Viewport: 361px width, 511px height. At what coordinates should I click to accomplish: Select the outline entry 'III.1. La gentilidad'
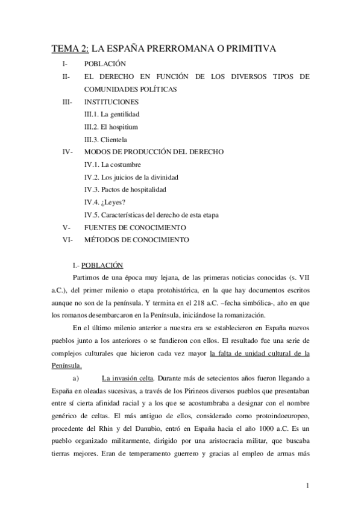112,114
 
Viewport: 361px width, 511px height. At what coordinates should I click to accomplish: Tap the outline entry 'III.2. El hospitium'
111,127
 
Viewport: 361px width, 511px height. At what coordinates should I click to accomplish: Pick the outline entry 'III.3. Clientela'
105,140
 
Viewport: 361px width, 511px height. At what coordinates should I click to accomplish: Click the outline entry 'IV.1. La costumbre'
113,165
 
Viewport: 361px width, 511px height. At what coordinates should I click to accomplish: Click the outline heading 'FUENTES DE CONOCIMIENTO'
135,227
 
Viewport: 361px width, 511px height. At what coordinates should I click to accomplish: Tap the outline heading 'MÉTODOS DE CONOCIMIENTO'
137,240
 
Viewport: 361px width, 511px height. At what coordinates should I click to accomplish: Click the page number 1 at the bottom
307,486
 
